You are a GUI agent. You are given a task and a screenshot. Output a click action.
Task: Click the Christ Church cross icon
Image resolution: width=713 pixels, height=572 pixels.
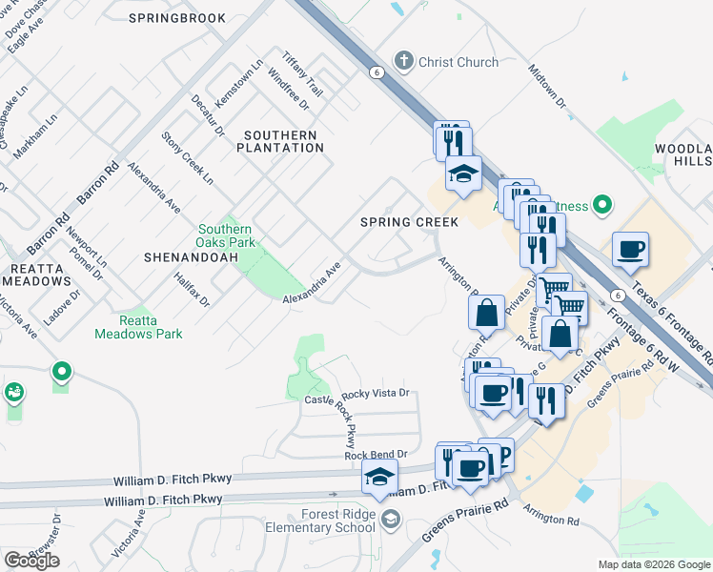click(403, 61)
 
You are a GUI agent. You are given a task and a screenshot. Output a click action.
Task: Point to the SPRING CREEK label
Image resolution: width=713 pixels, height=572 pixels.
click(409, 222)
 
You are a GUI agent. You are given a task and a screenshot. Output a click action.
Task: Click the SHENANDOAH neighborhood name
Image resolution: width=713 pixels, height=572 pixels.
click(187, 257)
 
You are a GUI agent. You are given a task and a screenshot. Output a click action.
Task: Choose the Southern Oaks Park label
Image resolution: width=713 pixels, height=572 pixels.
click(225, 235)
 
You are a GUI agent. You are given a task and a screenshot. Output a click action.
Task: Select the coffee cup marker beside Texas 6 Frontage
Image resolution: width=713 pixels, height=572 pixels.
click(630, 250)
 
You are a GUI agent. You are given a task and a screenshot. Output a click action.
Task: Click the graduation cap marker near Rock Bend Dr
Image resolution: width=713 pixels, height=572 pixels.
click(379, 477)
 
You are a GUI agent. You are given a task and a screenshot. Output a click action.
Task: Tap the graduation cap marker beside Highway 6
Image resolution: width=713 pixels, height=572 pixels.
click(463, 174)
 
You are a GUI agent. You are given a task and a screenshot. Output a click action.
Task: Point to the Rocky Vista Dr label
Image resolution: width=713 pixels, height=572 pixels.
click(375, 393)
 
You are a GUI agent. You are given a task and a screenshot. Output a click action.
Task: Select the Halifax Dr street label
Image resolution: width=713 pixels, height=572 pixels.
click(192, 287)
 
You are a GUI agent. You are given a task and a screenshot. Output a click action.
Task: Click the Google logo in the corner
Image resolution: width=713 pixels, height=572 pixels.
click(31, 560)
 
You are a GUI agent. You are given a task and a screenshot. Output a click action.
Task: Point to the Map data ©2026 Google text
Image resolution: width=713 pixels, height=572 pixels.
click(653, 564)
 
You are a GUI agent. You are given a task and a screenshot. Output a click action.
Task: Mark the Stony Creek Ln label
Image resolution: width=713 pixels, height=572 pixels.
click(187, 156)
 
